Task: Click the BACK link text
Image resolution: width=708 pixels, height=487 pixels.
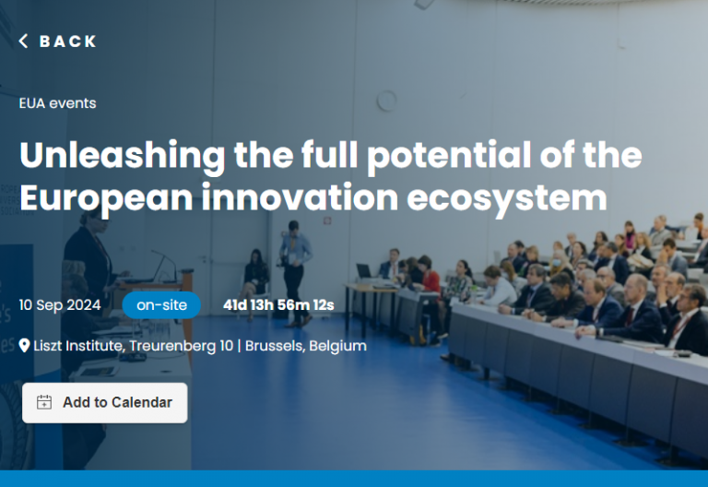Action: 67,42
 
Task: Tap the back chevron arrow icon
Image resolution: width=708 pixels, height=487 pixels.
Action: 23,42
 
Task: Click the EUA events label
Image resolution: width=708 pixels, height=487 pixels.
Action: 57,103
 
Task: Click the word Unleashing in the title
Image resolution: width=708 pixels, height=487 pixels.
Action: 123,156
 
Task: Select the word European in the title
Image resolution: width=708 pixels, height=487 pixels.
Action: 106,198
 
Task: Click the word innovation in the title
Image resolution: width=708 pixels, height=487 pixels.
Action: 300,197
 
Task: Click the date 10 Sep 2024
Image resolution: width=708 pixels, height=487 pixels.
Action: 60,305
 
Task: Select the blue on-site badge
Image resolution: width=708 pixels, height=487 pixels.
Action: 161,305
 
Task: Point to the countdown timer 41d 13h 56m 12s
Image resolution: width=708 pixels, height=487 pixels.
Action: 278,305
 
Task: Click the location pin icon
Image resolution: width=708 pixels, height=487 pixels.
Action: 24,346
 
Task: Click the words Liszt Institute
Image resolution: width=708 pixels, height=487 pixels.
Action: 78,346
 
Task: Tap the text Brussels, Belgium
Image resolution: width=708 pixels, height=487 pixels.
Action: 306,346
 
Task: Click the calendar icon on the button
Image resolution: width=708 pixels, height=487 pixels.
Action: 44,402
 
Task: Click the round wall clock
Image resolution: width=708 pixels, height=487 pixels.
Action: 386,101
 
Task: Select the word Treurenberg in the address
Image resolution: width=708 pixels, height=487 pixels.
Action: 181,346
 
